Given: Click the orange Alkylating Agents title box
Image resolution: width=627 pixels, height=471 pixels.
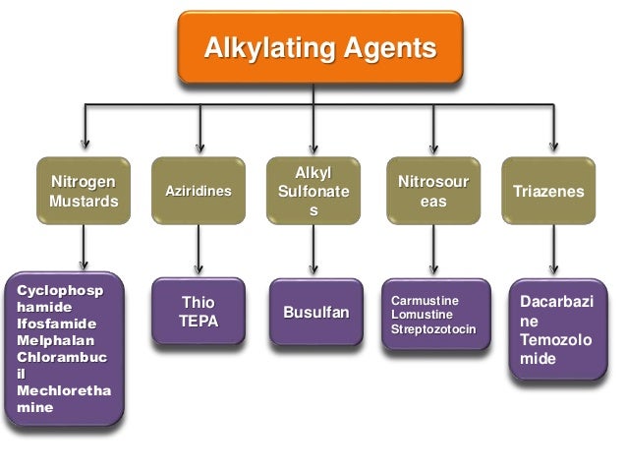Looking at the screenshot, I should click(x=319, y=48).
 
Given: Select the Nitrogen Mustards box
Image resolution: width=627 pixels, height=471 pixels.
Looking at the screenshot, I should click(x=84, y=191).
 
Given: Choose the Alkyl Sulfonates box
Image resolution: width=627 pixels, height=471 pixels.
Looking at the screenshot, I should click(x=313, y=191).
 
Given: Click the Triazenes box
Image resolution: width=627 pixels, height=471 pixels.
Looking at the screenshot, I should click(x=548, y=191).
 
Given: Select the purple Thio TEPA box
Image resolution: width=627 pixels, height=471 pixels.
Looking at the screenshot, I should click(x=199, y=312).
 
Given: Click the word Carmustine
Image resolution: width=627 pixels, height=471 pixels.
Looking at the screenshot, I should click(x=425, y=299).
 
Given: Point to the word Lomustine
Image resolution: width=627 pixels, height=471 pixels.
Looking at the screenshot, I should click(x=423, y=313).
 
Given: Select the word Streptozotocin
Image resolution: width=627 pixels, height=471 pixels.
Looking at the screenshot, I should click(x=433, y=326).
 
